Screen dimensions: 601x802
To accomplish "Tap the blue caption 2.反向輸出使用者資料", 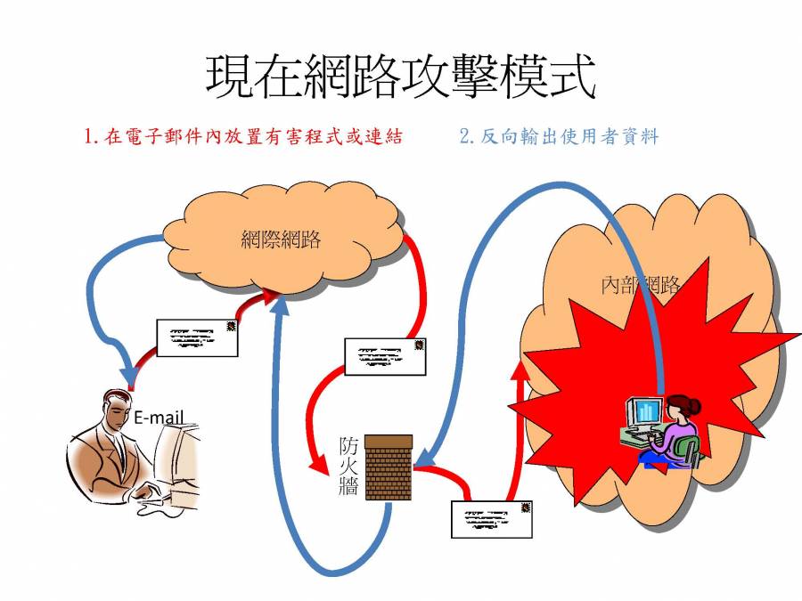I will tap(559, 136).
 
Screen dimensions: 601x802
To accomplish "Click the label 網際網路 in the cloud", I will tap(281, 239).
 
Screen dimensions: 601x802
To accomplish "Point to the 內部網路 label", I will tap(640, 285).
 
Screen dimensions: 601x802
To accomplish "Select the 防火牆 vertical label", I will tap(348, 466).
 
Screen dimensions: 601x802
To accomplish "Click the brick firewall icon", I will tap(389, 467).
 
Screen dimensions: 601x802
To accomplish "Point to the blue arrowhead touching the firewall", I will tap(426, 458).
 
